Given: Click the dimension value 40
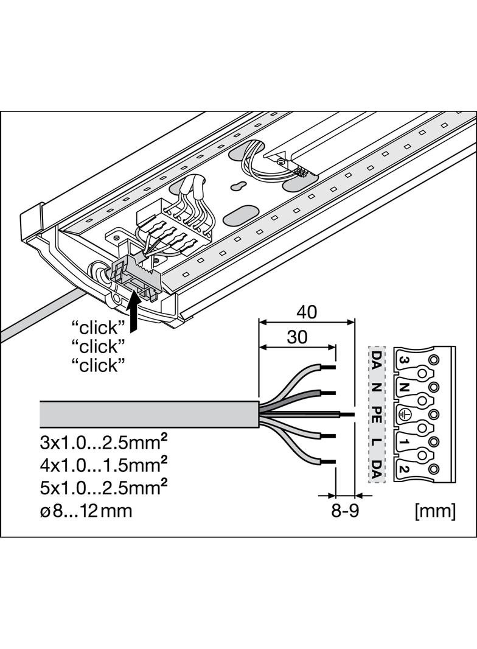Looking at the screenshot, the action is [x=307, y=312].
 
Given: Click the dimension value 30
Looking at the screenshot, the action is [x=297, y=337].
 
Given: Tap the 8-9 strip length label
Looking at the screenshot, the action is [x=345, y=511].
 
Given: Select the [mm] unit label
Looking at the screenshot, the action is [x=435, y=511].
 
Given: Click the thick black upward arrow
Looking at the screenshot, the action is [x=133, y=310].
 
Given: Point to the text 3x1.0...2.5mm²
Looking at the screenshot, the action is [x=104, y=443].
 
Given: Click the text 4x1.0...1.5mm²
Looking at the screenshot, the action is [x=104, y=465].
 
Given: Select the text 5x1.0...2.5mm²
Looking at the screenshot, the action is [x=104, y=488].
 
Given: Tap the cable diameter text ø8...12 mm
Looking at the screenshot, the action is [x=86, y=511].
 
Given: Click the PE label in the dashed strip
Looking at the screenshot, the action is [x=377, y=415].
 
